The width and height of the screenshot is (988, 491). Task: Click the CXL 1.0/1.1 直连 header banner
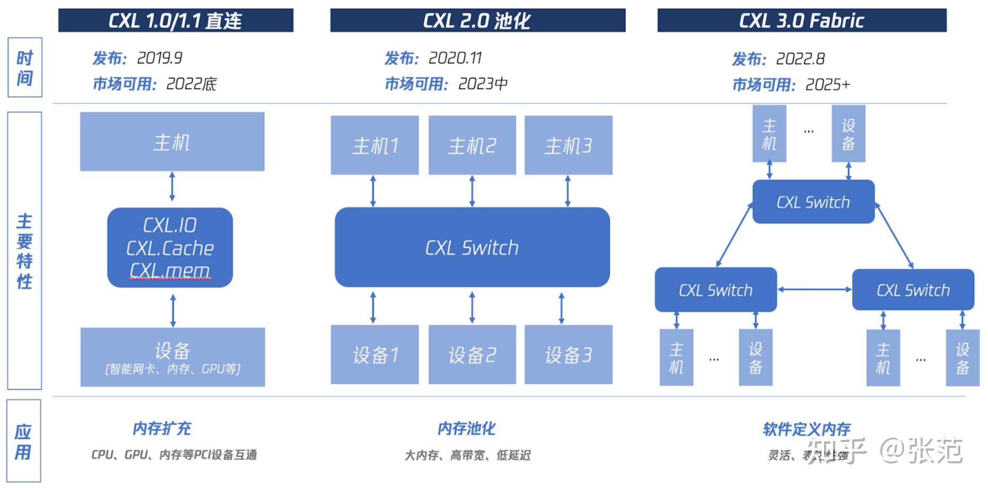click(176, 20)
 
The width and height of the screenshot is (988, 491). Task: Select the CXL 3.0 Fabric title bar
click(802, 20)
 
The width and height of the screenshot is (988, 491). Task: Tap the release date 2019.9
click(160, 58)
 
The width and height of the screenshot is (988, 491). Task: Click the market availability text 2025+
click(827, 85)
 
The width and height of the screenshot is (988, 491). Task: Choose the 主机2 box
click(472, 145)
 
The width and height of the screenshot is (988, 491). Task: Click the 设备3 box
click(568, 355)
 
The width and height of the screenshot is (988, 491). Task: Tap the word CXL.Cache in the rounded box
click(170, 248)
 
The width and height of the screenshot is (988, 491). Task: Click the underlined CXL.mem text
click(170, 271)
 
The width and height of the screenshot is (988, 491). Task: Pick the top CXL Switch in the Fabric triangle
click(813, 202)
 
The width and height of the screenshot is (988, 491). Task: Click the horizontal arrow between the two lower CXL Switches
click(814, 290)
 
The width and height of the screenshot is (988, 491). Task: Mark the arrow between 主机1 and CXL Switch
click(373, 191)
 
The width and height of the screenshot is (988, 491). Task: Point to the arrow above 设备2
click(472, 307)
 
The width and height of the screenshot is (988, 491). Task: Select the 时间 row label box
click(24, 68)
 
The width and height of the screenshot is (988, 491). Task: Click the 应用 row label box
click(23, 441)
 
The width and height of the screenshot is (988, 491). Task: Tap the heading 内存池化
click(466, 429)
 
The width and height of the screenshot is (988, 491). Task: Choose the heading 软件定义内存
click(806, 429)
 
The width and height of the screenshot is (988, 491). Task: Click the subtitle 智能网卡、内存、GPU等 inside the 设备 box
click(172, 369)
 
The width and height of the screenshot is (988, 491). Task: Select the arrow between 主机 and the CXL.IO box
click(172, 186)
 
